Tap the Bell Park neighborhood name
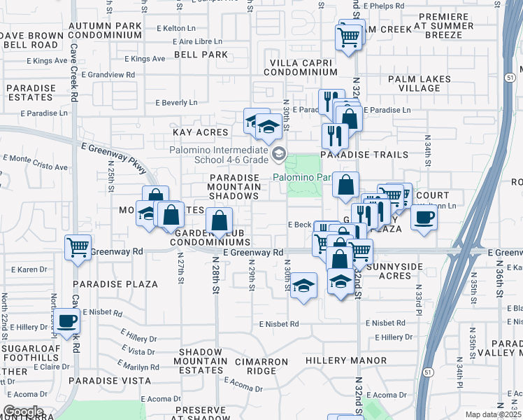point(201,54)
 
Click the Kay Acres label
point(201,132)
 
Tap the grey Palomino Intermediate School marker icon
point(279,153)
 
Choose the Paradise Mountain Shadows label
point(236,187)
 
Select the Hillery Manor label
point(346,360)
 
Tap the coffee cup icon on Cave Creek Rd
point(68,321)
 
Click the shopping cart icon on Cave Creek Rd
point(78,247)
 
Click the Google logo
point(23,412)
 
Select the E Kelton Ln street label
point(176,28)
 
